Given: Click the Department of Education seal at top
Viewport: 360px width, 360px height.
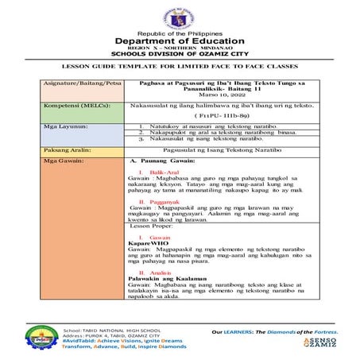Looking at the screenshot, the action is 180,15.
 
